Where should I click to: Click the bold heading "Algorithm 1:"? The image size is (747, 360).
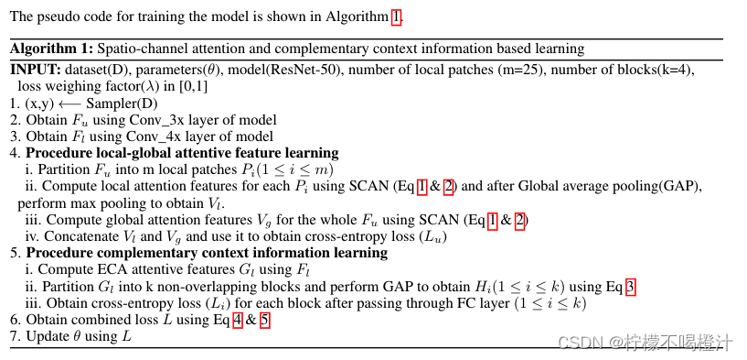51,49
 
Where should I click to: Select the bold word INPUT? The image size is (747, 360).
35,70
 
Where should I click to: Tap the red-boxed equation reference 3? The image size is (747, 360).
630,286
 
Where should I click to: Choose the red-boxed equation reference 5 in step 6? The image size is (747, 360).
263,320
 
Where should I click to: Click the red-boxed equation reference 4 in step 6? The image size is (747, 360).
239,320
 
